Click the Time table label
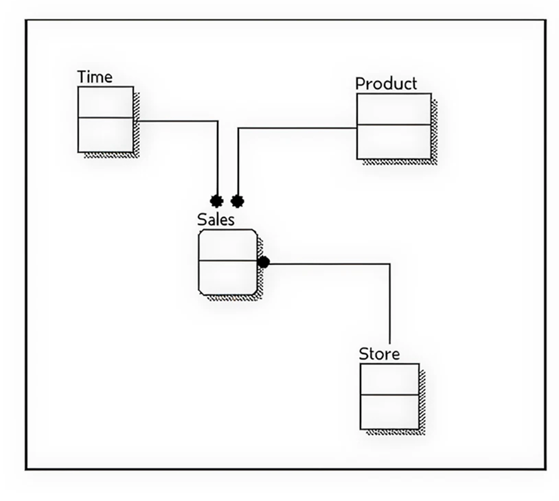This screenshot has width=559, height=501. (x=95, y=77)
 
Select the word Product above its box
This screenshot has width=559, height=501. (x=385, y=84)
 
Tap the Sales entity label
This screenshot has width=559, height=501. (x=216, y=220)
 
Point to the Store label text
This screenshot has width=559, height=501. (x=379, y=354)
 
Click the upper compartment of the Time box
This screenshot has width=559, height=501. (x=105, y=102)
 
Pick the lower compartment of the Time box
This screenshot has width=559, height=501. (x=105, y=135)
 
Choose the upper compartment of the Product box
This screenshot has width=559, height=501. (x=393, y=109)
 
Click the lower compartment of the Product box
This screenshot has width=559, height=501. (x=393, y=142)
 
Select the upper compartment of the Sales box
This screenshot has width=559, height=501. (x=228, y=246)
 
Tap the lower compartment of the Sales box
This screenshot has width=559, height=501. (x=228, y=278)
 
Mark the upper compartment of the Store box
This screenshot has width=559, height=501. (x=389, y=379)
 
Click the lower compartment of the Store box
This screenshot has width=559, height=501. (x=389, y=412)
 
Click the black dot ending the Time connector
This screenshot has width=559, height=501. (x=217, y=201)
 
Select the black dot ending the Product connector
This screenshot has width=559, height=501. (x=238, y=201)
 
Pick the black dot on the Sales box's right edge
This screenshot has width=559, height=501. (x=263, y=262)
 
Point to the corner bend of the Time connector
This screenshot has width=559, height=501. (x=217, y=121)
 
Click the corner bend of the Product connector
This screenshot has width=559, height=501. (x=238, y=128)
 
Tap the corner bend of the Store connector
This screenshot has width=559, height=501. (x=389, y=264)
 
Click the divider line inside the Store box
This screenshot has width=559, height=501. (x=389, y=395)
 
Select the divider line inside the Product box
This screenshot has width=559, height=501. (x=393, y=125)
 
